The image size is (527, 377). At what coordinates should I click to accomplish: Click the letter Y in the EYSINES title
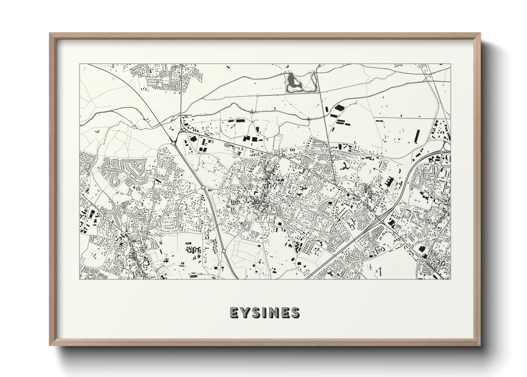(246, 313)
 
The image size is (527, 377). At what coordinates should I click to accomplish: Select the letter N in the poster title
(274, 313)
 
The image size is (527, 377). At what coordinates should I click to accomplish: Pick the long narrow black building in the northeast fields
(417, 136)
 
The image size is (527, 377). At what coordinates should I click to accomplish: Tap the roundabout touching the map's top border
(319, 66)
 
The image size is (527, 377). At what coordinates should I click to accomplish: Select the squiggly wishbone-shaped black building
(345, 166)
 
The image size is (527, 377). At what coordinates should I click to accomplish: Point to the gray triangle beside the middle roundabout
(209, 192)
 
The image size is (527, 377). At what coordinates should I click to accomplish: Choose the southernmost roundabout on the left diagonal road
(224, 251)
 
